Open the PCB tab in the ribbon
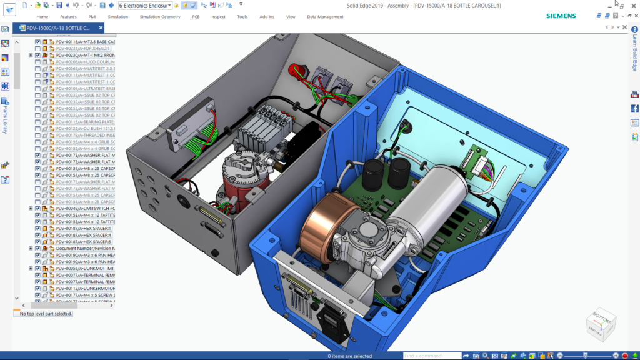tap(196, 17)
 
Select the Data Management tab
tap(325, 17)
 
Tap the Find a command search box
tap(431, 356)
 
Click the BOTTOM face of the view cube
tap(601, 318)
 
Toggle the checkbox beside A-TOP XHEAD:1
tap(37, 49)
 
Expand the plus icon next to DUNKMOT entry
tap(31, 268)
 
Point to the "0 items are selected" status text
tap(349, 356)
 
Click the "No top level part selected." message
tap(46, 314)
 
